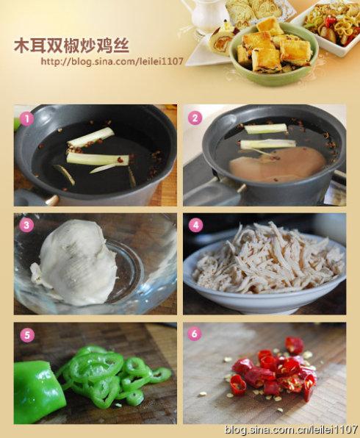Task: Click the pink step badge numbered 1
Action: tap(26, 118)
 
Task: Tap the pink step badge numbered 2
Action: tap(195, 118)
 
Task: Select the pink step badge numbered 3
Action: tap(26, 226)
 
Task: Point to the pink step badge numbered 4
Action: tap(195, 226)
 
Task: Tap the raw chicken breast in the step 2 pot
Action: tap(277, 165)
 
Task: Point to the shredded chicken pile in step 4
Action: tap(264, 257)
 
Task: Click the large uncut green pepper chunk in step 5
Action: tap(35, 391)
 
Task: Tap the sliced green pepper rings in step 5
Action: tap(110, 375)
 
